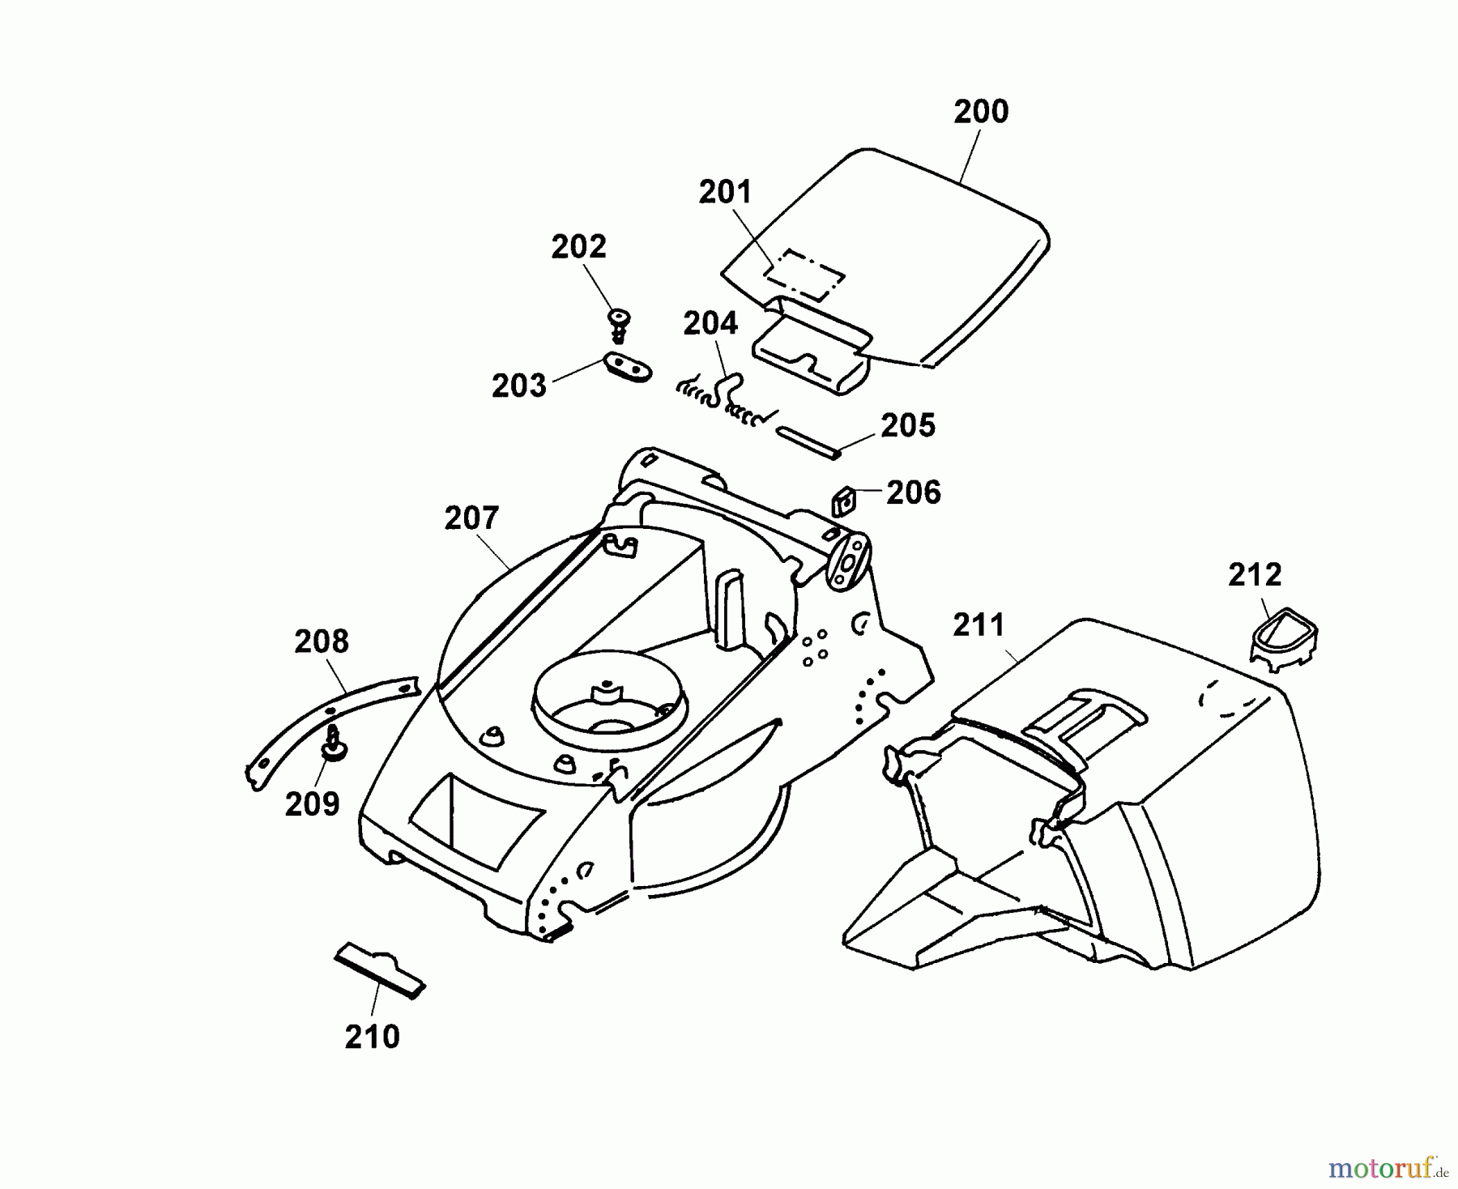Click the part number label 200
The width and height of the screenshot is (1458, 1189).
pos(980,112)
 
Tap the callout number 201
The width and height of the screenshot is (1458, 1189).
pos(725,193)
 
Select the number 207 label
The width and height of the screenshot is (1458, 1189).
pos(471,518)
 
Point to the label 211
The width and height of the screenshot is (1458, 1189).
pos(978,625)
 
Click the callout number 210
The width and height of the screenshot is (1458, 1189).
pos(372,1037)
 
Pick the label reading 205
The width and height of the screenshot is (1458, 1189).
pos(907,426)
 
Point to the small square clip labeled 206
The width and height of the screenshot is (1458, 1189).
pos(845,503)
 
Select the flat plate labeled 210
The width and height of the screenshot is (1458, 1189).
pos(380,970)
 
